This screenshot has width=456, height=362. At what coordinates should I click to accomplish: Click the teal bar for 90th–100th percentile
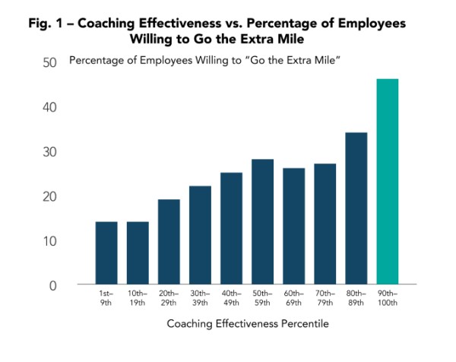[387, 182]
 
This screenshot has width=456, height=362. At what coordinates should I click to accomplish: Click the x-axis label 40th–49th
[231, 297]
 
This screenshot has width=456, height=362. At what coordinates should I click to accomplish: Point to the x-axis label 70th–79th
[325, 297]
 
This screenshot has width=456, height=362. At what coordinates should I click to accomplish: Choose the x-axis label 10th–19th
[138, 297]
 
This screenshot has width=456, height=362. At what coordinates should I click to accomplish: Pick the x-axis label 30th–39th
[200, 297]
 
